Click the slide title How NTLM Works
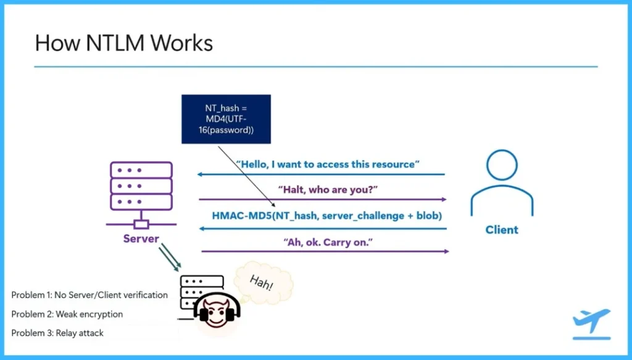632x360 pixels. point(123,43)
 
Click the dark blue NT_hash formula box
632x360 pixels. point(226,119)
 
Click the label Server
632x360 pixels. point(141,238)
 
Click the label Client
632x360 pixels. point(501,230)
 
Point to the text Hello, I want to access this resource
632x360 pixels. point(328,164)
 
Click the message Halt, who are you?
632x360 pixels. point(323,190)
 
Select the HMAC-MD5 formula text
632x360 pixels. point(327,216)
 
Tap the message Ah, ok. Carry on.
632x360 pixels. point(325,241)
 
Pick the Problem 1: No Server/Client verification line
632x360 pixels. point(89,295)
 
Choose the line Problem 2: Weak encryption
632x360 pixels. point(67,314)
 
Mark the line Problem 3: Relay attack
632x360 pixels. point(57,333)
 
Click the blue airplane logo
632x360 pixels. point(591,322)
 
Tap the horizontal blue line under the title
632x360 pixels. point(316,66)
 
